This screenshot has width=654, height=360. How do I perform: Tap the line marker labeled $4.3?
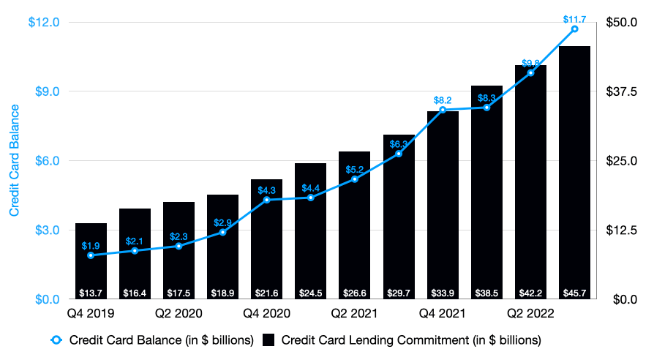[266, 200]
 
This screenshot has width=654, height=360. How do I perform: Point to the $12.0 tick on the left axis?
[43, 22]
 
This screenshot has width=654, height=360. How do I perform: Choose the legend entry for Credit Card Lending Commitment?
[410, 340]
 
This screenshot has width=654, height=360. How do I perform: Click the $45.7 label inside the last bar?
[574, 293]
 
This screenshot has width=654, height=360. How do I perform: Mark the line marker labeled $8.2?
[443, 110]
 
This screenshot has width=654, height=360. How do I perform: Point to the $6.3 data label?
[399, 143]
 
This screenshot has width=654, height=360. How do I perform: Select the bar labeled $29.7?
[399, 220]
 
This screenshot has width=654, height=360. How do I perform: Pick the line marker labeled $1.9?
[91, 255]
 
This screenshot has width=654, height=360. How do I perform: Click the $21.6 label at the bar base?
[266, 293]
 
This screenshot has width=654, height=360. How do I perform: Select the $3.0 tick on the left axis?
[45, 230]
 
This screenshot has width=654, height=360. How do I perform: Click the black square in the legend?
[268, 340]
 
